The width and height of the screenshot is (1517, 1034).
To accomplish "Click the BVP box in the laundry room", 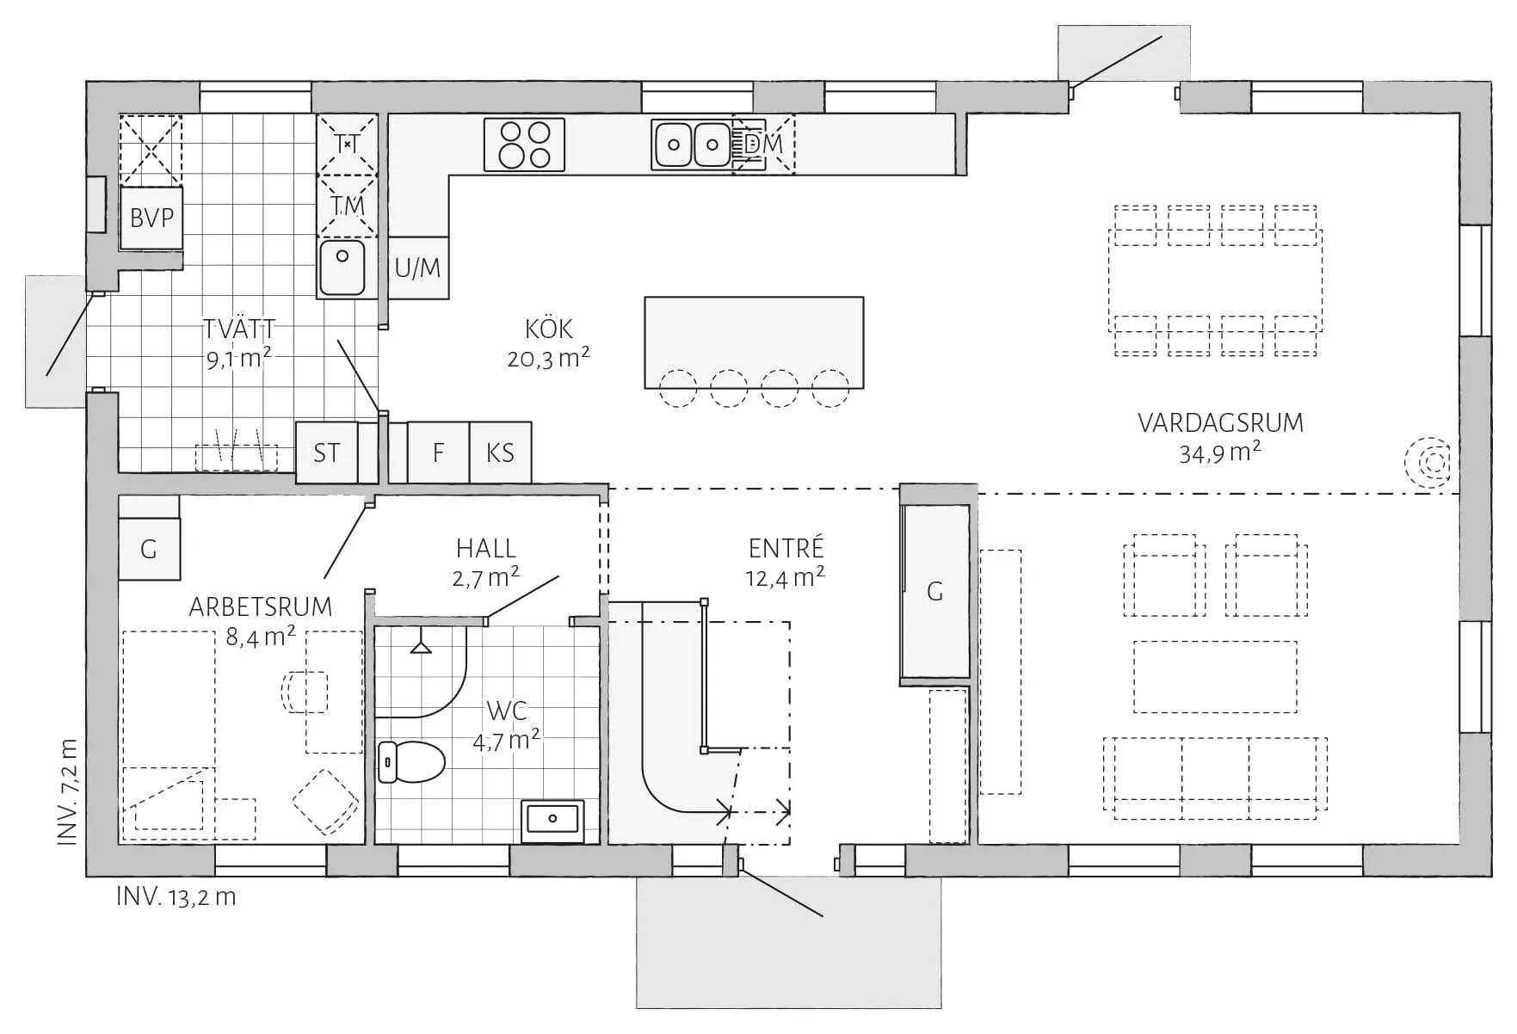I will [151, 218].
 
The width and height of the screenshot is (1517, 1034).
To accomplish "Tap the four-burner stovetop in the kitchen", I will [524, 145].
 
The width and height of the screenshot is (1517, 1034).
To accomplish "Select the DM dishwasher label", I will [763, 145].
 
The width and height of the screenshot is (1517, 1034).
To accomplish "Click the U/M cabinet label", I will [417, 268].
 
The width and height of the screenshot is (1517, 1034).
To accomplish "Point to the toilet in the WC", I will [412, 762].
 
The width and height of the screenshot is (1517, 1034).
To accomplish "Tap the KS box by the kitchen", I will [500, 452].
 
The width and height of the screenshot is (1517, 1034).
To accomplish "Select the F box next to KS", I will [438, 452].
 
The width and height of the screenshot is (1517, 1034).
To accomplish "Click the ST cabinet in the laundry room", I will [326, 452].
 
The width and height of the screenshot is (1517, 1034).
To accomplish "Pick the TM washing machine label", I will [348, 206].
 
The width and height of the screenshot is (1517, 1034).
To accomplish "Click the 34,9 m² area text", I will [1219, 452].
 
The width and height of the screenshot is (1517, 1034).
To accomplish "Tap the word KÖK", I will [548, 329].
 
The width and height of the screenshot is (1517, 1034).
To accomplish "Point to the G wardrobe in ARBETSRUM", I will [149, 549].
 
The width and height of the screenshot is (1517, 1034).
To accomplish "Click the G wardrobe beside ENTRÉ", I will [935, 592].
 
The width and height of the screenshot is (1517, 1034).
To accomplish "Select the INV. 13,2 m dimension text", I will [176, 897].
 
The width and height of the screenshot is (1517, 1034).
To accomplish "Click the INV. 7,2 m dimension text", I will [69, 791].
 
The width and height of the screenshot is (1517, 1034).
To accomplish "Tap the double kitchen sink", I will [692, 145].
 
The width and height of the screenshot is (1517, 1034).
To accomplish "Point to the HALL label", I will [486, 548].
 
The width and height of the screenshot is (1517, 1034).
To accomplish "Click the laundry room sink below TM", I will [342, 267].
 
